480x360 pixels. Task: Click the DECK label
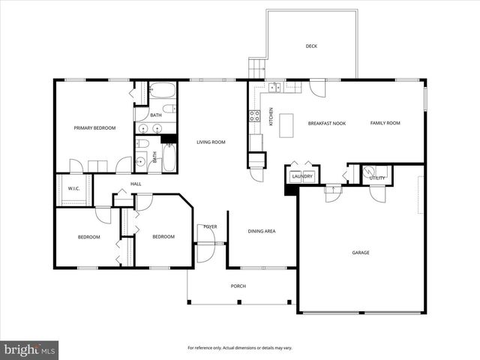point(311,46)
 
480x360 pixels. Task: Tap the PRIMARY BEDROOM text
point(94,128)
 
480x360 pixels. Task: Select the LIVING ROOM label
point(211,142)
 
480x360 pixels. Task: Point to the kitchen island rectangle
point(286,126)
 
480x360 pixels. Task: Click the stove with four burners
point(254,115)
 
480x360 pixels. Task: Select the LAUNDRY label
point(302,177)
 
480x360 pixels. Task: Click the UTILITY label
point(376,178)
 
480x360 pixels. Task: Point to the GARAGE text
point(361,253)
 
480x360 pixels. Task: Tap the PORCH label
point(238,286)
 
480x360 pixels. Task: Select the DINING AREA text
point(262,231)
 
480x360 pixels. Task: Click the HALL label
point(136,184)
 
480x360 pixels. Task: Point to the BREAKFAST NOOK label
point(327,123)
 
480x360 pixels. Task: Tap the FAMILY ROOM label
point(385,123)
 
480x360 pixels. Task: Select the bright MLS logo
point(30,349)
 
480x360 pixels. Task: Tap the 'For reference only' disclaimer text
point(240,349)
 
